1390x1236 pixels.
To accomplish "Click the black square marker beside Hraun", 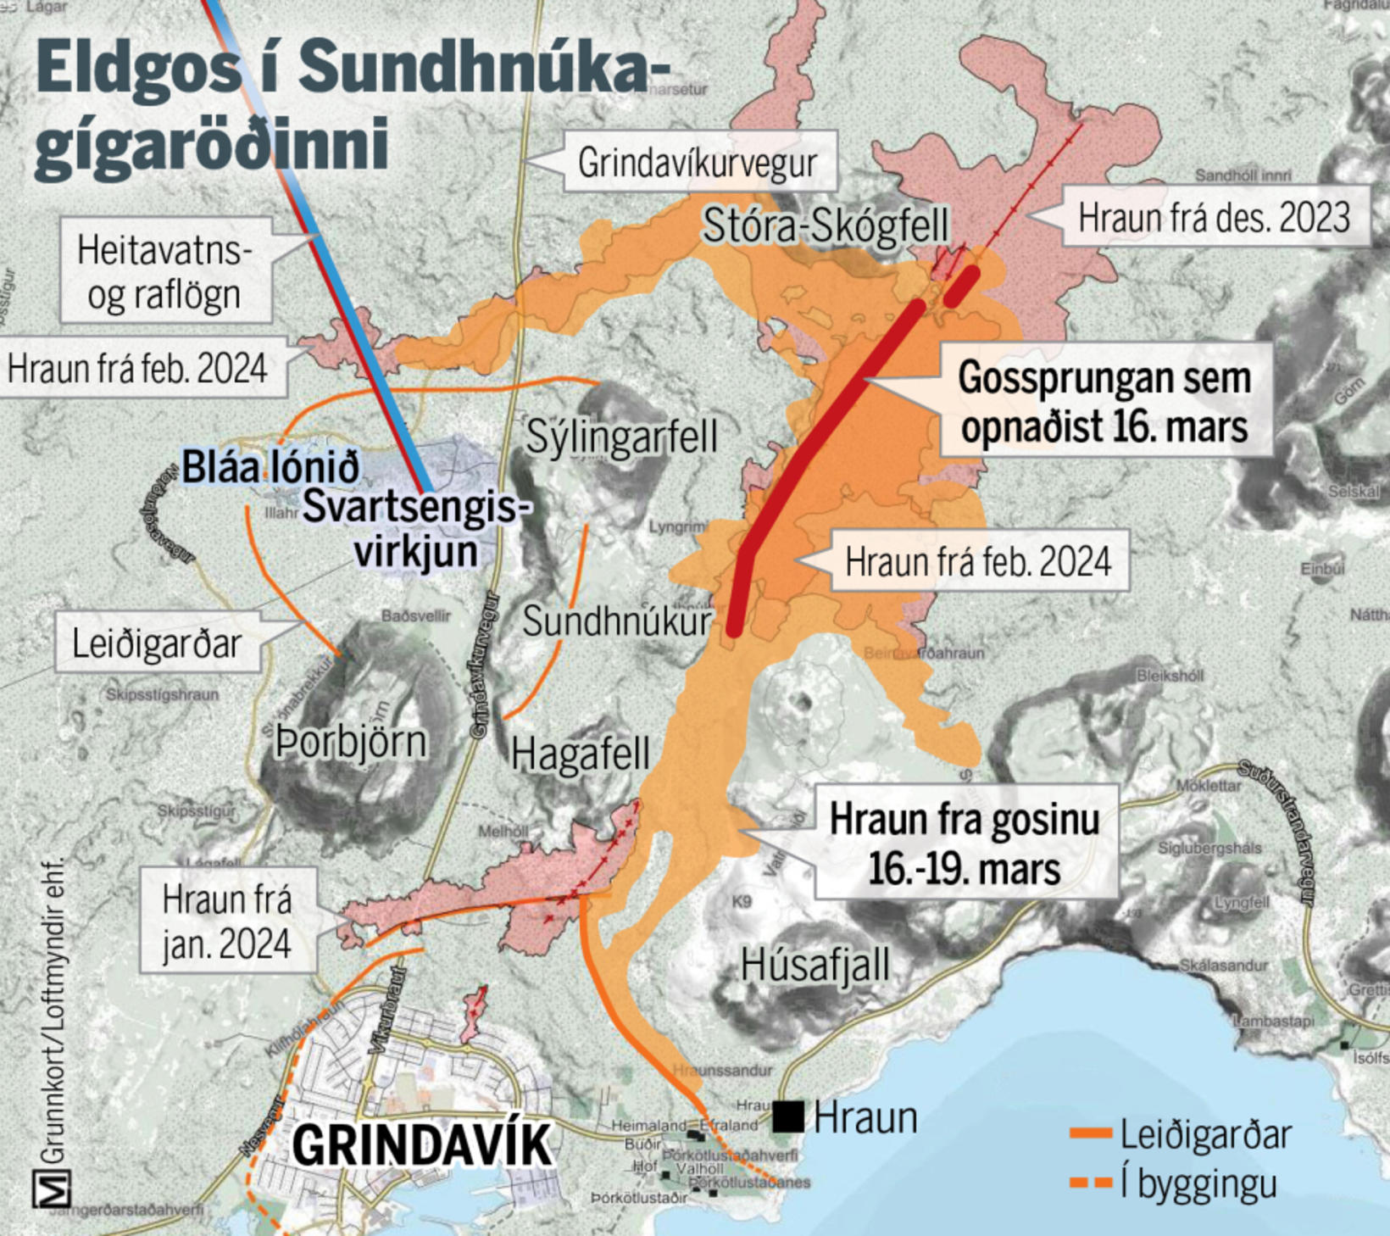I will point(788,1116).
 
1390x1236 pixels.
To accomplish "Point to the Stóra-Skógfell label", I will point(826,225).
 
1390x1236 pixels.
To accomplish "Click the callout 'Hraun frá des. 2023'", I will point(1214,217).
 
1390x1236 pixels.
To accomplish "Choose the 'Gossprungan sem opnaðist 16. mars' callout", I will point(1104,402).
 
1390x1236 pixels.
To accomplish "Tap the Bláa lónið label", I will point(271,467).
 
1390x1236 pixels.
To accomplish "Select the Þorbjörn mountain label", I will point(351,743).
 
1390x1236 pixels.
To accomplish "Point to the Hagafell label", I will point(581,754).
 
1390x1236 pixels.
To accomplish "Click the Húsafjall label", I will point(815,965).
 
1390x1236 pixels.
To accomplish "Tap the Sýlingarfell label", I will point(621,437).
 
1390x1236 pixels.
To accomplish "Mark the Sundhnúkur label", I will point(617,621).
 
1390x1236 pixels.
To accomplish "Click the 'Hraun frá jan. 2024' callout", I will point(227,921).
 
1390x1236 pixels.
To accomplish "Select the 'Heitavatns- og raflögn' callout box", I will point(164,271).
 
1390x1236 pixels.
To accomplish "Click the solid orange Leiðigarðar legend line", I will point(1091,1133).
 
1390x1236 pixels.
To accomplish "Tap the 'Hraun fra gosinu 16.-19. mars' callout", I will point(965,843).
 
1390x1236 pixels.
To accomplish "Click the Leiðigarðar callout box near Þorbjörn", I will point(157,643).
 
